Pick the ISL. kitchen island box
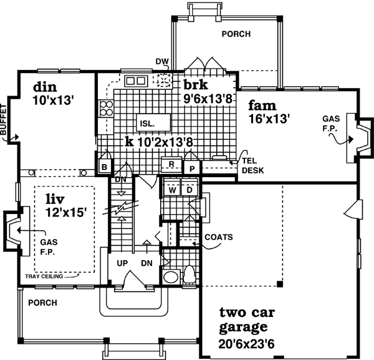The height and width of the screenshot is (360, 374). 147,122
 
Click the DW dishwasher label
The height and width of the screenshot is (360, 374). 163,61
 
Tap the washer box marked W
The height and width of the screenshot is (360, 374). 171,188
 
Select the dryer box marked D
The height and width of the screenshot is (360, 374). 188,188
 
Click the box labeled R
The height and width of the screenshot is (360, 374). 170,165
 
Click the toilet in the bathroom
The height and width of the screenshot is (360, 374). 189,276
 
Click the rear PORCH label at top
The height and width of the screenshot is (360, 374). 236,34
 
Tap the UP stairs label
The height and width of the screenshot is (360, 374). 123,263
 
